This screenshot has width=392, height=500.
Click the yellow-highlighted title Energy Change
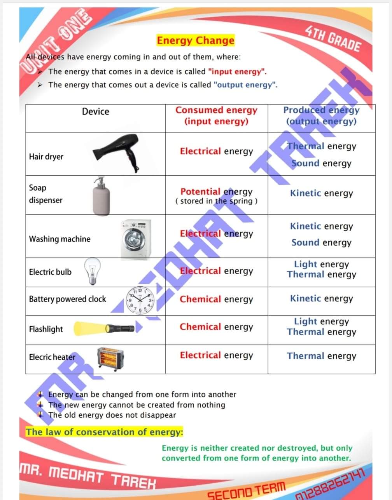point(195,40)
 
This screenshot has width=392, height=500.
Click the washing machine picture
point(135,239)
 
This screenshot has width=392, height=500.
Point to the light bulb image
point(93,271)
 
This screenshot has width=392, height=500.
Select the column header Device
point(95,112)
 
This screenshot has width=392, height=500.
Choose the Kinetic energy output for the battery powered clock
point(321,299)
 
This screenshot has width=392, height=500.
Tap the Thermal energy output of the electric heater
point(321,356)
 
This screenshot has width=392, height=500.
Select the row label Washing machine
point(59,239)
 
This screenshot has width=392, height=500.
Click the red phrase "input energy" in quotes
point(237,72)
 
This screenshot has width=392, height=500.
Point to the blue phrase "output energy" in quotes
point(245,85)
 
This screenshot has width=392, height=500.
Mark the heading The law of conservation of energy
point(104,432)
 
